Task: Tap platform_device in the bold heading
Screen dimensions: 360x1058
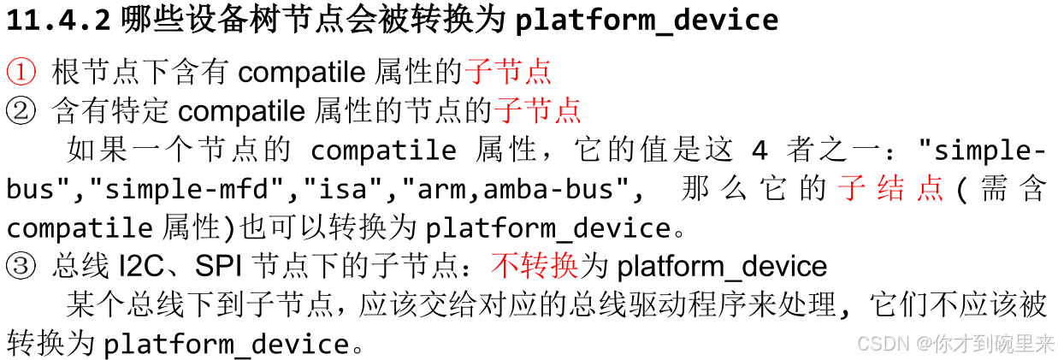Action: pyautogui.click(x=647, y=20)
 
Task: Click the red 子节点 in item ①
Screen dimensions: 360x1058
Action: pyautogui.click(x=507, y=71)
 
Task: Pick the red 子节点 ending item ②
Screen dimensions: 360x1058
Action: pyautogui.click(x=538, y=110)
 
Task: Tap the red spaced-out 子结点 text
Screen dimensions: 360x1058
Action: pyautogui.click(x=890, y=189)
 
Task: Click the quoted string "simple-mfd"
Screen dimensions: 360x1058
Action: pyautogui.click(x=216, y=189)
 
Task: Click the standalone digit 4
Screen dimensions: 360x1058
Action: pyautogui.click(x=760, y=150)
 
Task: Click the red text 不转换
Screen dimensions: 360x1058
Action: pyautogui.click(x=535, y=267)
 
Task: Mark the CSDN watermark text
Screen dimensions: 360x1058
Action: pyautogui.click(x=884, y=344)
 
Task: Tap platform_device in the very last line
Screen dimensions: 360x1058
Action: pyautogui.click(x=226, y=344)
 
